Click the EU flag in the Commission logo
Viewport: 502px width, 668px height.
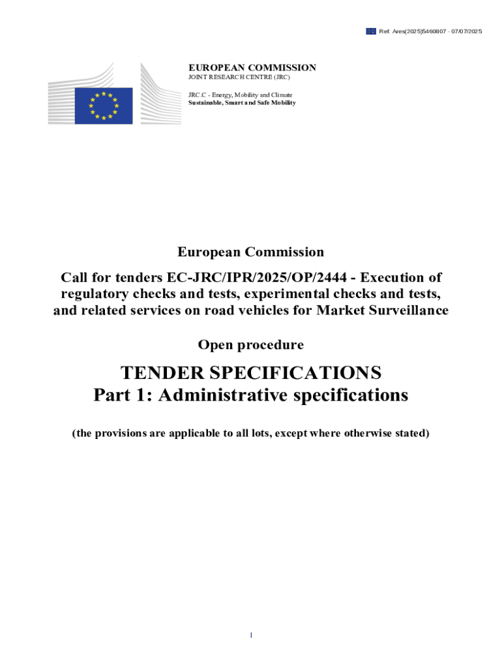pos(103,106)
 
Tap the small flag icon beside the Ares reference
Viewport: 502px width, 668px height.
pos(370,31)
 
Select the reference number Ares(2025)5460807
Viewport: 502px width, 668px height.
pos(415,31)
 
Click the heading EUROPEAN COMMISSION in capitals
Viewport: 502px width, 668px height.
pos(252,67)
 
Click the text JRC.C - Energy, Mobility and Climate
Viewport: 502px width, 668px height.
pos(241,95)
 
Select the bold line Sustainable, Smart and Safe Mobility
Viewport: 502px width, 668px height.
pos(242,102)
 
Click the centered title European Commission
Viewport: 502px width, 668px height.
pos(250,252)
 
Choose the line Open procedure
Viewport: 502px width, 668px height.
pos(250,344)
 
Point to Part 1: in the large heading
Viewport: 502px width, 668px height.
pos(122,395)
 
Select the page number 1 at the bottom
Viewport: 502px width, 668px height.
pos(251,635)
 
